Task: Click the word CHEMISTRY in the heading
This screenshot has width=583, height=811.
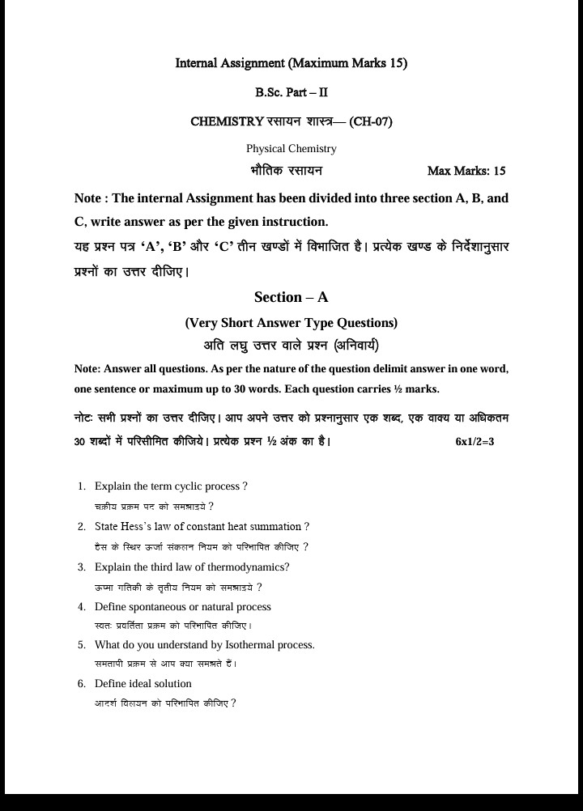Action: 227,121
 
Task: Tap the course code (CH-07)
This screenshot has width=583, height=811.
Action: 371,121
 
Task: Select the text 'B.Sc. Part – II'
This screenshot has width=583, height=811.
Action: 291,92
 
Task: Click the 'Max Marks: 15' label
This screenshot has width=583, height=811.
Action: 466,171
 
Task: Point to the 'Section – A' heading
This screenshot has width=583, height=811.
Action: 291,297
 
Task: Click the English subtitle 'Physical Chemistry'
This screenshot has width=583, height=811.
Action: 291,148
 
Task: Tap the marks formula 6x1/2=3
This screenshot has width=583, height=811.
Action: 474,441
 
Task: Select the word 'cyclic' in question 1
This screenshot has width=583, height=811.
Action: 184,486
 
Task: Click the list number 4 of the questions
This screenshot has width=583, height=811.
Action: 82,607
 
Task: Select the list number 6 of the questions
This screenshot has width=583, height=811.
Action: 82,684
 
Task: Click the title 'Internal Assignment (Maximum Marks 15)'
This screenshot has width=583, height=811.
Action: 291,63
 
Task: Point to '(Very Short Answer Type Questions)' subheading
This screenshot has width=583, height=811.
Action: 291,323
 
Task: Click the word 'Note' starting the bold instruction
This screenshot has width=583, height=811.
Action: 87,198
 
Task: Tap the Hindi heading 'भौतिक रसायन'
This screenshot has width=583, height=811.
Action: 287,171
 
